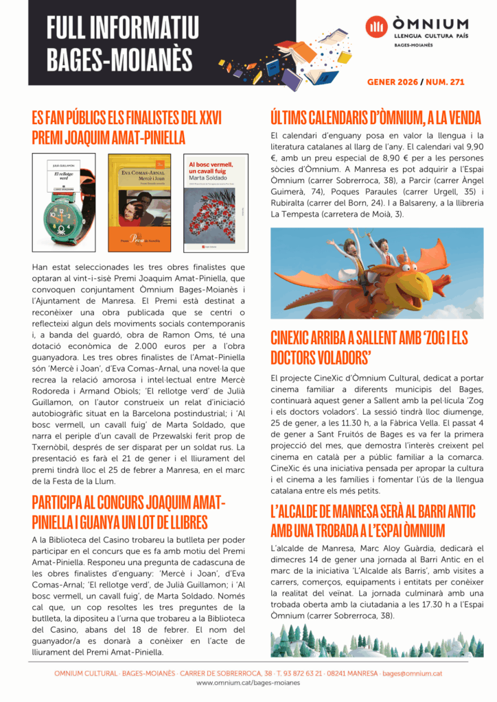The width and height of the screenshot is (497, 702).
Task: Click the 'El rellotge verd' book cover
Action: pos(65,202)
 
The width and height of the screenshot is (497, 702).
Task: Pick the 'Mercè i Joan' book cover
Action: pos(140,202)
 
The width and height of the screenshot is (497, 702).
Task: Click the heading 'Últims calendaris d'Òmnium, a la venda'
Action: pos(375,117)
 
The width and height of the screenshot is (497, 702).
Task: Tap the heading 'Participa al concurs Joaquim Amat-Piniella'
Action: pos(128,511)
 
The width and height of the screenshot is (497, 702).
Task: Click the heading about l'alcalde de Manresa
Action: pos(373,520)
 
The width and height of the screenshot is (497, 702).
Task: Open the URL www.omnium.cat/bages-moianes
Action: pos(248,683)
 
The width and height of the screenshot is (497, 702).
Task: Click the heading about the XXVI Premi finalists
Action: pos(126,127)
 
